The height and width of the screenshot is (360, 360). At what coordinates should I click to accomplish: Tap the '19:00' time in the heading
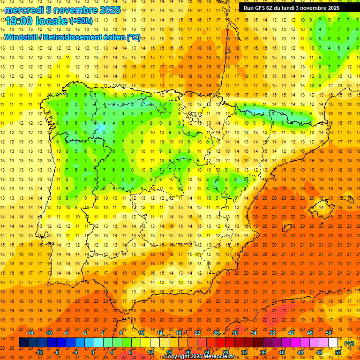(x=19, y=21)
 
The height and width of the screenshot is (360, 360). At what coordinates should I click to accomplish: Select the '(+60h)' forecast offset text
(x=81, y=21)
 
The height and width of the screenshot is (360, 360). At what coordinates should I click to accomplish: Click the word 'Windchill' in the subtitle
(x=22, y=37)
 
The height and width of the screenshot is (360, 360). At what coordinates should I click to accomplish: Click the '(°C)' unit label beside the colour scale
(x=349, y=343)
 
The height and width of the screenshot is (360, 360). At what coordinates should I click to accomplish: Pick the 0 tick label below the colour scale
(x=93, y=352)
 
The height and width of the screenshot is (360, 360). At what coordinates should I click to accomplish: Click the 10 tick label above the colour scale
(x=141, y=333)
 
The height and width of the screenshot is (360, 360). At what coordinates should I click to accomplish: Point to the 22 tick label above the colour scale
(x=197, y=333)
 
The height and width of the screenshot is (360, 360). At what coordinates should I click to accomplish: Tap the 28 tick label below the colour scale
(x=225, y=352)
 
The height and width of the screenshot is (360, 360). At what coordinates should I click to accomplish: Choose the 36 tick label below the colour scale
(x=263, y=352)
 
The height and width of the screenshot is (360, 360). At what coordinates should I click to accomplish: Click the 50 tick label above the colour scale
(x=329, y=333)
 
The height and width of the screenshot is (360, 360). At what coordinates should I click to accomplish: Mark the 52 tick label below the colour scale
(x=338, y=352)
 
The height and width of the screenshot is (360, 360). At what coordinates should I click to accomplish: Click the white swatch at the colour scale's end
(x=333, y=343)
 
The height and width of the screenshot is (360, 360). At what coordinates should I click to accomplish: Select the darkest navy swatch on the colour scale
(x=23, y=343)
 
